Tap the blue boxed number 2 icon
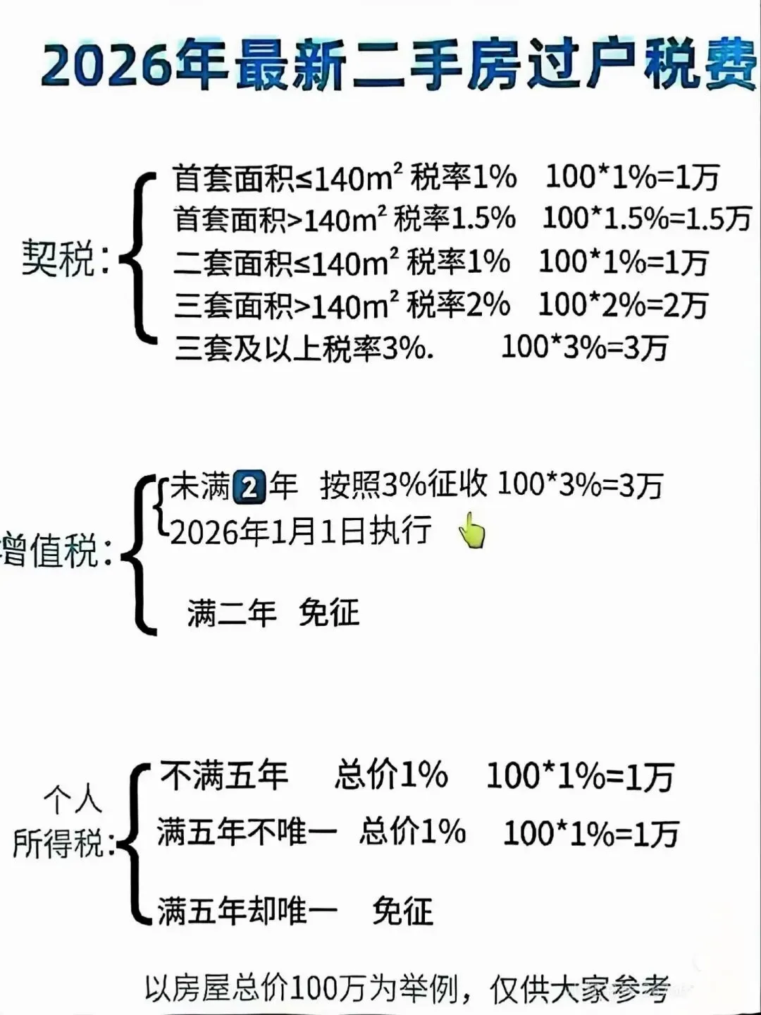click(x=249, y=487)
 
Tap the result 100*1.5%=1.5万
click(x=647, y=219)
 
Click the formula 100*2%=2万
click(x=623, y=304)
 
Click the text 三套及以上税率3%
click(x=304, y=348)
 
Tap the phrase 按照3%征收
click(x=403, y=486)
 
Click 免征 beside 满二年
click(x=328, y=613)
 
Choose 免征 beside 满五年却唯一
click(x=402, y=911)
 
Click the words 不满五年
click(x=224, y=776)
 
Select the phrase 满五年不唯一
click(x=247, y=832)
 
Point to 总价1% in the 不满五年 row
click(x=391, y=775)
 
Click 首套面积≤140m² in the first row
click(x=283, y=178)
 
